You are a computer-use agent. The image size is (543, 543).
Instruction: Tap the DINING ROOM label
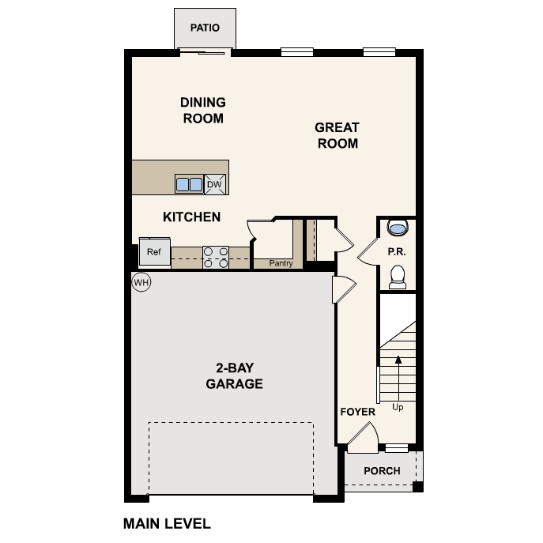pos(203,111)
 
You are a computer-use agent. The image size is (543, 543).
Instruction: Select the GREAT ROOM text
pos(337,135)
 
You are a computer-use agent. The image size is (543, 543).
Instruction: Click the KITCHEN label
pos(191,217)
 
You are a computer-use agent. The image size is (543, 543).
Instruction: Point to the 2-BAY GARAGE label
pos(234,375)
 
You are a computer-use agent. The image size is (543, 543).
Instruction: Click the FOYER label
pos(357,412)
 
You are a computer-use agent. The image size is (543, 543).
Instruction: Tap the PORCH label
pos(382,471)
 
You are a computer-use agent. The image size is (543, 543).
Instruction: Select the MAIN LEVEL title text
pos(167,523)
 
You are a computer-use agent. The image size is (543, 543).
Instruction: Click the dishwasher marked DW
pos(215,184)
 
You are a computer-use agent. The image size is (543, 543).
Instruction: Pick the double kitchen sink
pos(189,185)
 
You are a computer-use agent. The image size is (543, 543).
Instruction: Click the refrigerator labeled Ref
pos(153,252)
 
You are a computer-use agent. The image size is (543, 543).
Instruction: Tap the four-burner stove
pos(216,257)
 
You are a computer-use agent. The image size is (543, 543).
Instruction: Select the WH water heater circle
pos(141,282)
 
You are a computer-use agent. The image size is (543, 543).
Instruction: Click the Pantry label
pos(281,264)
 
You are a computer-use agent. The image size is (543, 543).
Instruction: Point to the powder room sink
pos(398,228)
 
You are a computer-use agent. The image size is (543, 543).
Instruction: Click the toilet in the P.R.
pos(398,276)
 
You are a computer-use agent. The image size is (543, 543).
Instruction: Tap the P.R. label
pos(396,251)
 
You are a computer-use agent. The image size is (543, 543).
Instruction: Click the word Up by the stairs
pos(398,408)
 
